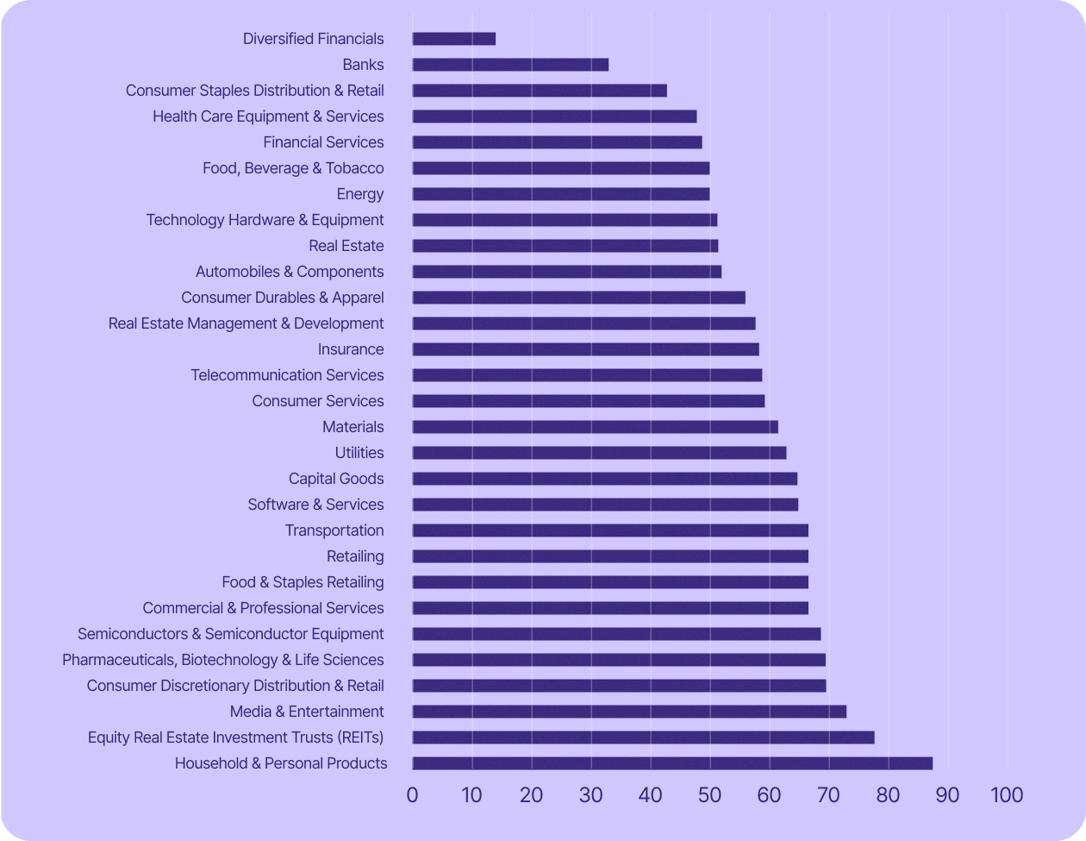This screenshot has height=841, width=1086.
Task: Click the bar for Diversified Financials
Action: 454,39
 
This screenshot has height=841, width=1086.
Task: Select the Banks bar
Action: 510,65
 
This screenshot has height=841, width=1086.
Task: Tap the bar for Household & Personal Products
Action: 672,763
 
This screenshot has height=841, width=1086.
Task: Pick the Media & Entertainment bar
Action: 629,712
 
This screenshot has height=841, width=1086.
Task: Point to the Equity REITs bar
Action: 643,737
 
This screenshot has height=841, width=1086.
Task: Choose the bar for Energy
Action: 561,194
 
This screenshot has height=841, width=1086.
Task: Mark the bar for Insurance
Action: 585,349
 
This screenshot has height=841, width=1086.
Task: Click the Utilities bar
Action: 599,453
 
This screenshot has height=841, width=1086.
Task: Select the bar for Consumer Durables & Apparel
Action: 578,298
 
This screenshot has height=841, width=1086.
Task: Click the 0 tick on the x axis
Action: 413,794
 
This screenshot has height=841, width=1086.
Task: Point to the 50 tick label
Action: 709,794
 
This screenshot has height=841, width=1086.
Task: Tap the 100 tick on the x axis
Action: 1007,794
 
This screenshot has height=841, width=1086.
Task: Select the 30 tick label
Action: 591,794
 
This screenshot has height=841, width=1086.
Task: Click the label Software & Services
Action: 315,505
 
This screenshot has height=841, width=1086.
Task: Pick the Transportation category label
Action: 334,530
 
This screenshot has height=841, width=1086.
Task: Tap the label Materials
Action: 353,427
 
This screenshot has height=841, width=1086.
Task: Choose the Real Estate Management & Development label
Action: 246,323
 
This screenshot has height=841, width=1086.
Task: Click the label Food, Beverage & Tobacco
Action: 293,168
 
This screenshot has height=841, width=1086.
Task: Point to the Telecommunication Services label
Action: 287,375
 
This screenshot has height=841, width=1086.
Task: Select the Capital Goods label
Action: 336,479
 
